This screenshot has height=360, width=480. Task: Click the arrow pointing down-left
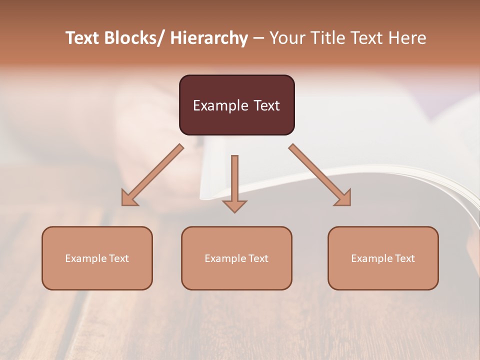coord(152,175)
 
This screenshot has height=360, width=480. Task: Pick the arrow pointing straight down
coord(234,182)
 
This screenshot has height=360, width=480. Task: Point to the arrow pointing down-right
coord(320,175)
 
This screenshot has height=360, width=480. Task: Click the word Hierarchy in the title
coord(208,38)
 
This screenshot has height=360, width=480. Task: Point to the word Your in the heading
coord(286,38)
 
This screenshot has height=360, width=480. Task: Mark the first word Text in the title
coord(83,38)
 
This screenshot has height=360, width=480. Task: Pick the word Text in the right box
coord(404,258)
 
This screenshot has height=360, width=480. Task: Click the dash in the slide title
coord(258,38)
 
